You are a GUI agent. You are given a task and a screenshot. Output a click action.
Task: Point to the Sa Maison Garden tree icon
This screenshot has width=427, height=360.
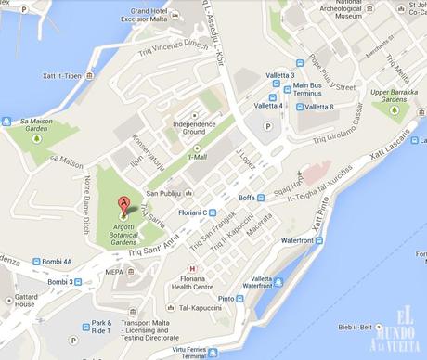(x=36, y=139)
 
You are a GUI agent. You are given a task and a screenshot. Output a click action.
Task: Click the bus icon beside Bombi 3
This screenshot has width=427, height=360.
(x=79, y=281)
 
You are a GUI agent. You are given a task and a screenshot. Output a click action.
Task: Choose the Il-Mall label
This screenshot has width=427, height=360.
(x=196, y=158)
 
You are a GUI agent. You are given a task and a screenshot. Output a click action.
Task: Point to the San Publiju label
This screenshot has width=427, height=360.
(x=162, y=194)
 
